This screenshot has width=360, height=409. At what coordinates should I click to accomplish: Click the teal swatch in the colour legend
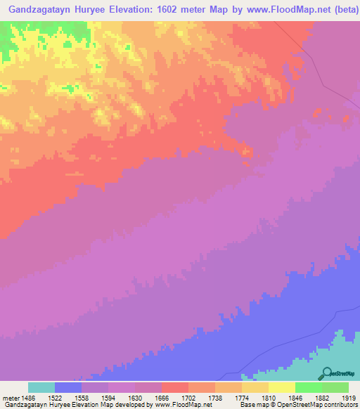(41, 387)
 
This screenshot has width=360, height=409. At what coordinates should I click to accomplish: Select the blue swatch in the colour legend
(68, 387)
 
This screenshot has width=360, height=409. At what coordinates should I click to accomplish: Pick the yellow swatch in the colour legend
(282, 387)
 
